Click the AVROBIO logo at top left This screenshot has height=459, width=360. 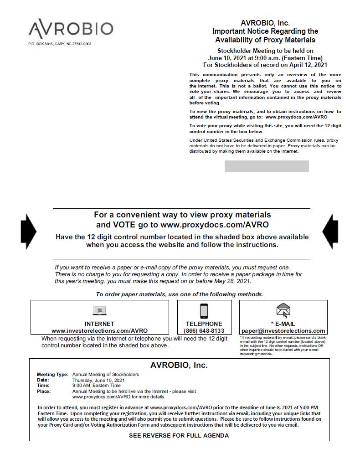pyautogui.click(x=71, y=29)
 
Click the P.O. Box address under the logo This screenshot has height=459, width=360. pyautogui.click(x=60, y=44)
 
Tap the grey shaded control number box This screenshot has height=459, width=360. pyautogui.click(x=267, y=166)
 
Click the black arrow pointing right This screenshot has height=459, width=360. pyautogui.click(x=29, y=232)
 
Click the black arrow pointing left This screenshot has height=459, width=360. pyautogui.click(x=330, y=232)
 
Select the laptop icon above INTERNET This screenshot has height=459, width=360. pyautogui.click(x=99, y=311)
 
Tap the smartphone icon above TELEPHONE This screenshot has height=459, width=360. pyautogui.click(x=204, y=311)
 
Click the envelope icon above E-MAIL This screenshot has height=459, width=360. pyautogui.click(x=283, y=310)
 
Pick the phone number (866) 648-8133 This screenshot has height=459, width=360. pyautogui.click(x=204, y=331)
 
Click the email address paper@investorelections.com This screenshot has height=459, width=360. pyautogui.click(x=283, y=331)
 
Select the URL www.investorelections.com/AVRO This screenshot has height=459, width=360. pyautogui.click(x=99, y=331)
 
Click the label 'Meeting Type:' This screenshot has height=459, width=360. pyautogui.click(x=53, y=375)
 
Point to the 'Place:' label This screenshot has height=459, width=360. pyautogui.click(x=44, y=391)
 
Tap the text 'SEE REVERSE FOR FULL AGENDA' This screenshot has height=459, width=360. pyautogui.click(x=179, y=435)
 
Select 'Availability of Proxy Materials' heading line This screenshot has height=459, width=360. pyautogui.click(x=265, y=40)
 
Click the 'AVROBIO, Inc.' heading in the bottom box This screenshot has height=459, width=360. pyautogui.click(x=179, y=365)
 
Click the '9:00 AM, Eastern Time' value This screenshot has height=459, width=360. pyautogui.click(x=97, y=386)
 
